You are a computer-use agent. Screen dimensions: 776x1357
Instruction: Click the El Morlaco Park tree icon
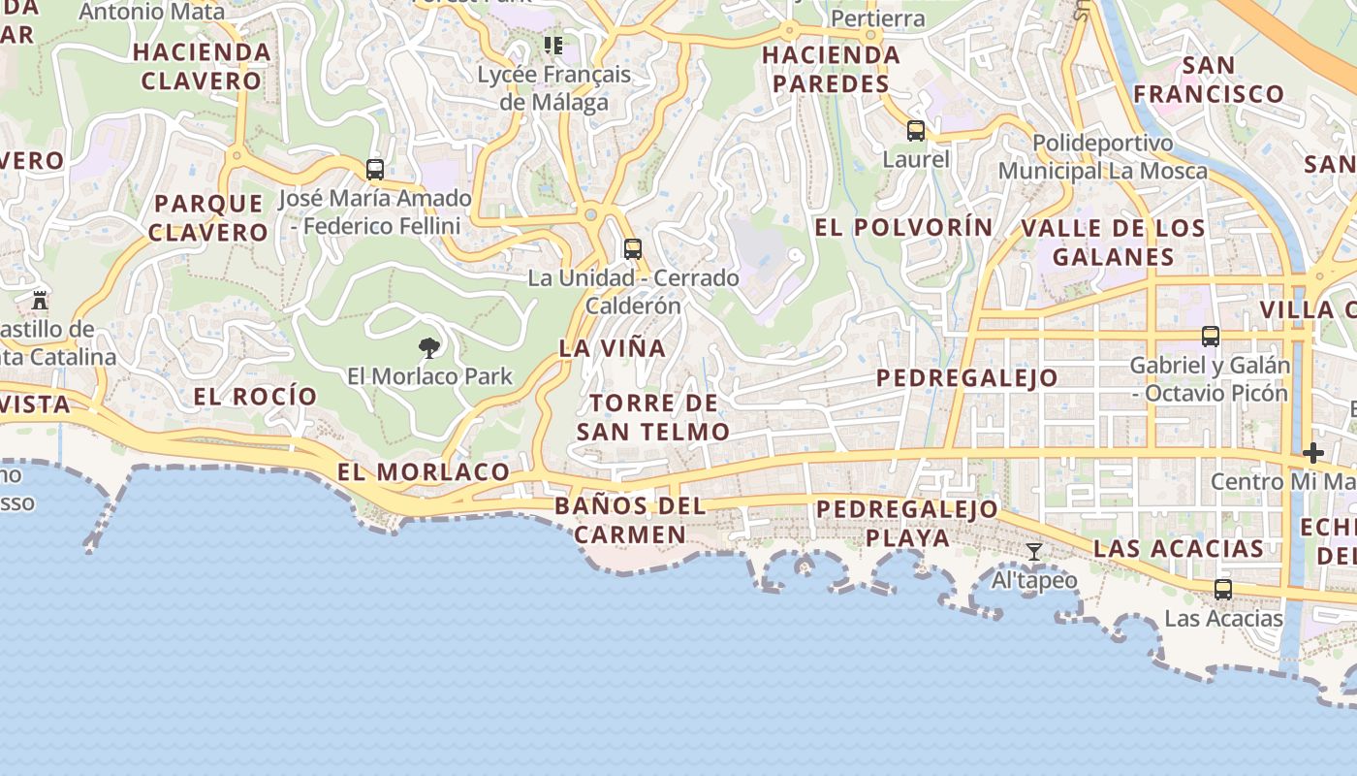(428, 347)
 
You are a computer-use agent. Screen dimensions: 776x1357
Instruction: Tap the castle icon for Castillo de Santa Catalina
(40, 300)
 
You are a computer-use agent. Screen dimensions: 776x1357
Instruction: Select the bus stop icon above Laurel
(916, 130)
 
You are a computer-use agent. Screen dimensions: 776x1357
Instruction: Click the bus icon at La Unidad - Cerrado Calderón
(633, 249)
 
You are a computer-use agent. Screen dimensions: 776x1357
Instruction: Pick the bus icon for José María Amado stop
(375, 170)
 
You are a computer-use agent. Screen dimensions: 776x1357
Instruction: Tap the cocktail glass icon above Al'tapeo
(1034, 552)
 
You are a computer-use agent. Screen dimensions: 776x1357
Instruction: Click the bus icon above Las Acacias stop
(1223, 590)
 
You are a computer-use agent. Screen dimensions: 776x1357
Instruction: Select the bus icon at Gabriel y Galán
(1211, 337)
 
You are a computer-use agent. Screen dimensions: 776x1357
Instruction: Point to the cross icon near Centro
(1313, 453)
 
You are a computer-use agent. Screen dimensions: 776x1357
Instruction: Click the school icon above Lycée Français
(553, 45)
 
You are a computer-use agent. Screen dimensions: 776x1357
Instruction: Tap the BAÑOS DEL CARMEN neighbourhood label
(630, 520)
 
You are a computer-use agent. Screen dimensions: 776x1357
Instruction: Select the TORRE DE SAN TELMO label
(653, 417)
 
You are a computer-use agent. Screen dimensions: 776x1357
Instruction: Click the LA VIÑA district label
(613, 347)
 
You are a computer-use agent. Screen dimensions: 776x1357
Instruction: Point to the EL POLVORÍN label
(903, 227)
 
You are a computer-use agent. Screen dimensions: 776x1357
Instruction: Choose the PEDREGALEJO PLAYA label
(907, 523)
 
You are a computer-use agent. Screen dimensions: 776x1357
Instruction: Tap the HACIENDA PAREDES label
(832, 70)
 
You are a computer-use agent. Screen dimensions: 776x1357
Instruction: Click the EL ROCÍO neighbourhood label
(255, 396)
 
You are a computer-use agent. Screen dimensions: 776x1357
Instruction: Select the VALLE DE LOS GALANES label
(1114, 242)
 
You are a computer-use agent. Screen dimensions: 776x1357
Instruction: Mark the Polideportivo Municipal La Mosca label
(1103, 157)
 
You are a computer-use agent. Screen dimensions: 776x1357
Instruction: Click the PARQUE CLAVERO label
(208, 217)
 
